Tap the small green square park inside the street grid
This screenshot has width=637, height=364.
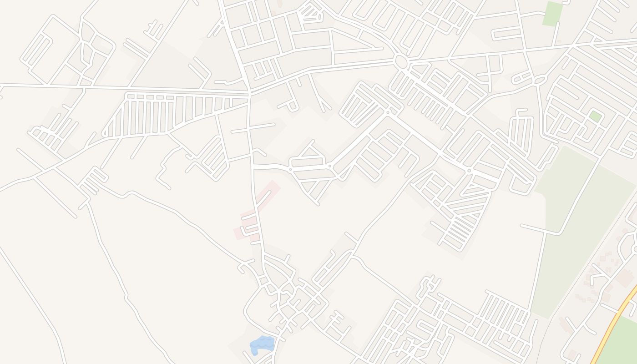(x=595, y=116)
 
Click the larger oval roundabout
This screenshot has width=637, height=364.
(x=401, y=61)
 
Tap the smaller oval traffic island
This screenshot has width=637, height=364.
(x=541, y=81)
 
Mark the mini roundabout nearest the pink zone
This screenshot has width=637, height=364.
(x=290, y=169)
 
